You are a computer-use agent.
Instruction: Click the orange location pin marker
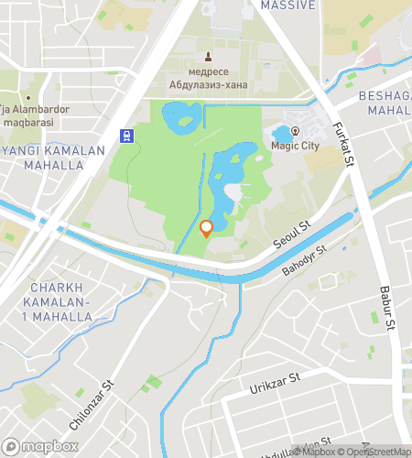coord(206,228)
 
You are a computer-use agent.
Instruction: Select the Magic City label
coord(294,145)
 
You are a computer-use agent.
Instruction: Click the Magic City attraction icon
coord(294,130)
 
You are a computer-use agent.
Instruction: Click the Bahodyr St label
coord(304,261)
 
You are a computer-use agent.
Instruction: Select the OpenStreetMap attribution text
coord(374,451)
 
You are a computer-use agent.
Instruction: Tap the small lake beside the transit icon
coord(181,116)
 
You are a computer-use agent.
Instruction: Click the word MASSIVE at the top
coord(288,5)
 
